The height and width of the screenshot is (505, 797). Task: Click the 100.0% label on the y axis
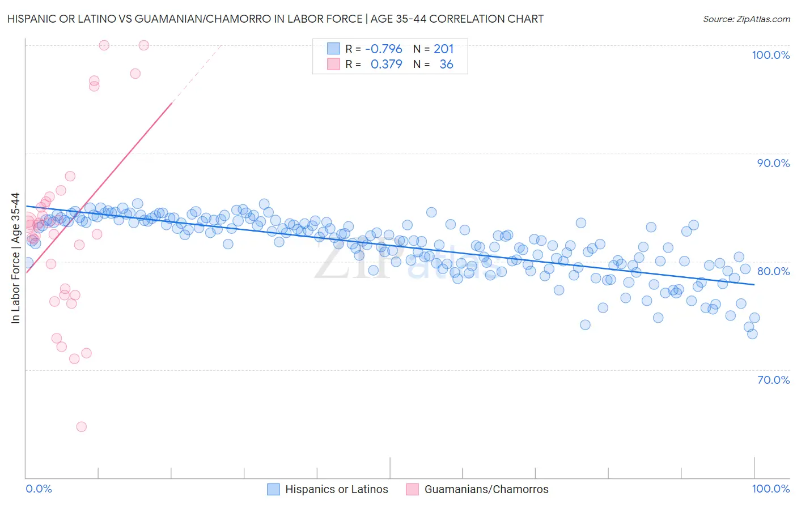click(770, 55)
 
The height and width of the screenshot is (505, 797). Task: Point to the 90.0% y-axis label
click(773, 163)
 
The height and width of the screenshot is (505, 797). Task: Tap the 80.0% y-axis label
click(773, 271)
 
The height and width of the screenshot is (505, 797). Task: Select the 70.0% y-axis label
click(773, 380)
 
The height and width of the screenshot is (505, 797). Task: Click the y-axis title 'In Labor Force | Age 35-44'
click(15, 258)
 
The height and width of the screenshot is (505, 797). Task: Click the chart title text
click(275, 19)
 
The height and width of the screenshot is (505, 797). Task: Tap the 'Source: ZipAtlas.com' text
click(746, 19)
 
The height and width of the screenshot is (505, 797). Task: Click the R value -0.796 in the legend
click(383, 49)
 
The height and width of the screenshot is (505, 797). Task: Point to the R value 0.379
click(386, 65)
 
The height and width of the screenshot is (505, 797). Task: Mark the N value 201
click(443, 49)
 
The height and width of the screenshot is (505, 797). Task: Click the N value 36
click(446, 65)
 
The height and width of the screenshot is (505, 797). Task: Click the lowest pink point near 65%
click(81, 427)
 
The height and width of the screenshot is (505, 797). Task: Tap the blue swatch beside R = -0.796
click(333, 49)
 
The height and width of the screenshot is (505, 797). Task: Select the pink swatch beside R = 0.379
click(333, 64)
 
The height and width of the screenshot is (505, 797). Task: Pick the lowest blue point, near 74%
click(752, 334)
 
